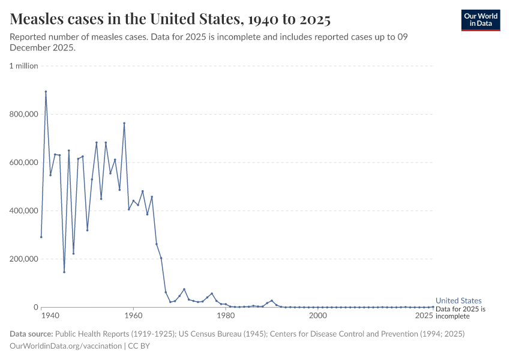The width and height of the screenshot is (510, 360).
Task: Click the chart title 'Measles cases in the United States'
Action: (x=170, y=20)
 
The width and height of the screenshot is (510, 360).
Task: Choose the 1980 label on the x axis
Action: (x=226, y=316)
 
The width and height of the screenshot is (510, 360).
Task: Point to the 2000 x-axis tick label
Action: (x=317, y=316)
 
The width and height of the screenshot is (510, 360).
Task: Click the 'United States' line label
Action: (x=458, y=301)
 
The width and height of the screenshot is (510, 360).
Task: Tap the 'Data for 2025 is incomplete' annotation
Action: (x=461, y=312)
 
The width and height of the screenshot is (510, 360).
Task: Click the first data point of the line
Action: (x=41, y=237)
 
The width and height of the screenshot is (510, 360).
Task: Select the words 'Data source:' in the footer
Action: (x=31, y=334)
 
